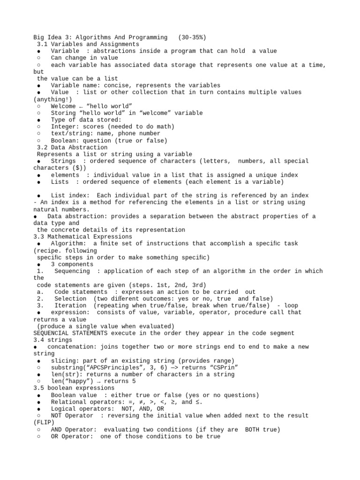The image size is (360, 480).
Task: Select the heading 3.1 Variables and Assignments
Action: click(x=88, y=44)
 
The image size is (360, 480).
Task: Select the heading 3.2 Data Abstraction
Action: click(x=72, y=147)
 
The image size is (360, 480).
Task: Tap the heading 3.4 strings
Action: click(x=53, y=340)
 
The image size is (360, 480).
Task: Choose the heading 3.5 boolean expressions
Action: click(x=74, y=388)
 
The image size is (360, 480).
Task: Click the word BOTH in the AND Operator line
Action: click(x=254, y=429)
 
